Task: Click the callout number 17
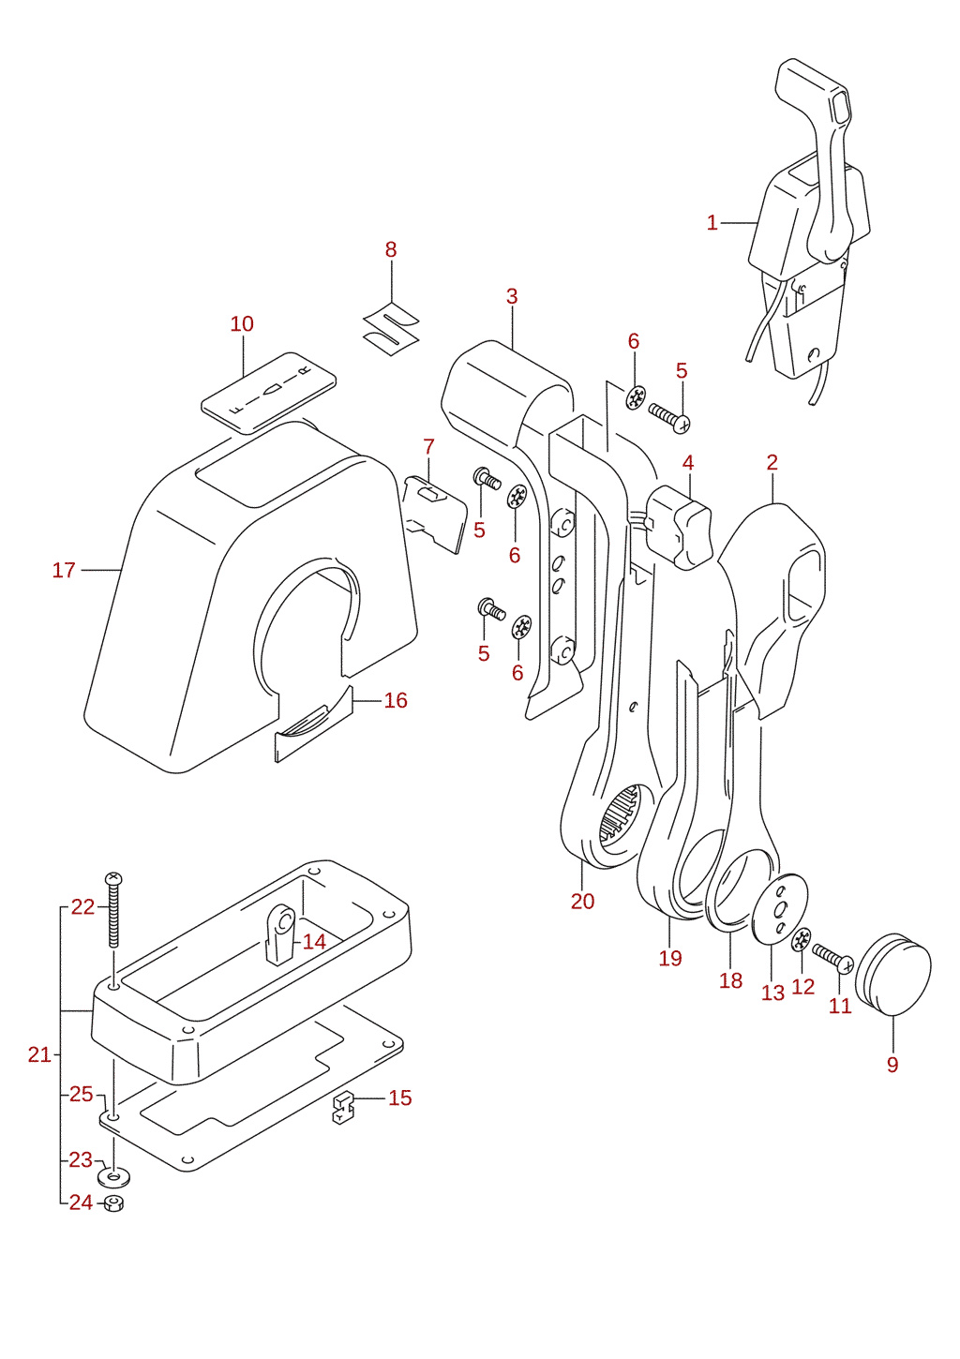click(64, 570)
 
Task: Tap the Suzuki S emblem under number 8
click(391, 329)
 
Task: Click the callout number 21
click(39, 1055)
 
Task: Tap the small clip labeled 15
click(343, 1107)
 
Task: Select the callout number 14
click(314, 942)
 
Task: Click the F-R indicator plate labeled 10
click(269, 393)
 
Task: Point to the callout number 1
click(712, 223)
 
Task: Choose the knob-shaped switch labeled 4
click(680, 527)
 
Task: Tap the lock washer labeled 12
click(802, 940)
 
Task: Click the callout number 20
click(582, 902)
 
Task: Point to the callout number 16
click(396, 701)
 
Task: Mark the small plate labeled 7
click(435, 514)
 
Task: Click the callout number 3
click(512, 297)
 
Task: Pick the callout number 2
click(772, 463)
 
